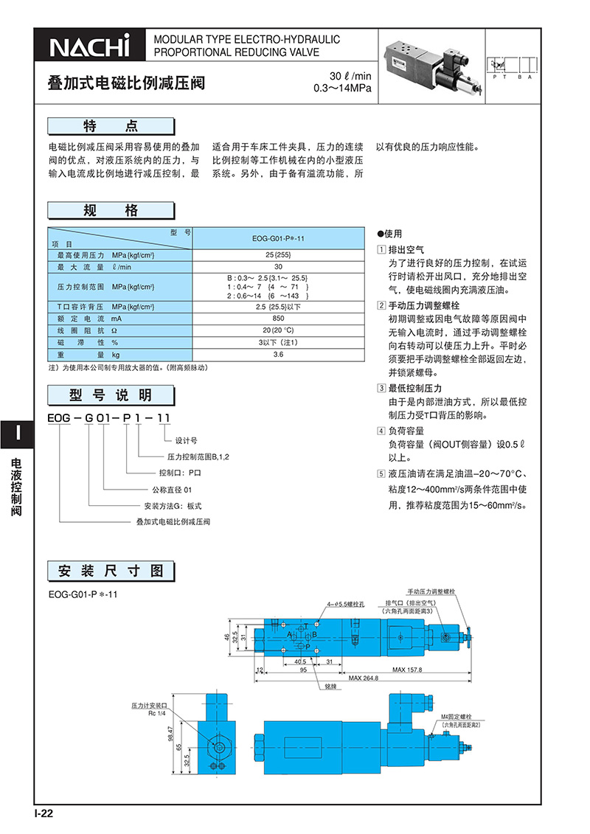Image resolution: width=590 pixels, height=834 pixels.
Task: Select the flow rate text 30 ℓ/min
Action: click(x=351, y=77)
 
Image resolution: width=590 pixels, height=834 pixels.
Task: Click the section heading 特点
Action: click(x=111, y=126)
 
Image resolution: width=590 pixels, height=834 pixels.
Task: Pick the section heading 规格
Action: click(x=111, y=210)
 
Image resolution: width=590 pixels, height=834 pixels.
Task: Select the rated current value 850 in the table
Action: click(x=278, y=318)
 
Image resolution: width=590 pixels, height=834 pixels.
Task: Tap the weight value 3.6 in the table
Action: click(x=278, y=355)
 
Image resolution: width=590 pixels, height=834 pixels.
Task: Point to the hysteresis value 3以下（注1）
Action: click(x=278, y=342)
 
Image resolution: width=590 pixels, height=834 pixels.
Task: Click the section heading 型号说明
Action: click(x=111, y=395)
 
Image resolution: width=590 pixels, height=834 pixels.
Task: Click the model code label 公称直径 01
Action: click(x=171, y=489)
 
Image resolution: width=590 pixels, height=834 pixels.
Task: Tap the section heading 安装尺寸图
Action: click(x=111, y=571)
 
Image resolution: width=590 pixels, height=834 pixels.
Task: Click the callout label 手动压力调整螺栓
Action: click(x=431, y=592)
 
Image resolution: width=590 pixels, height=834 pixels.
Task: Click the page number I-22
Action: click(x=44, y=814)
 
